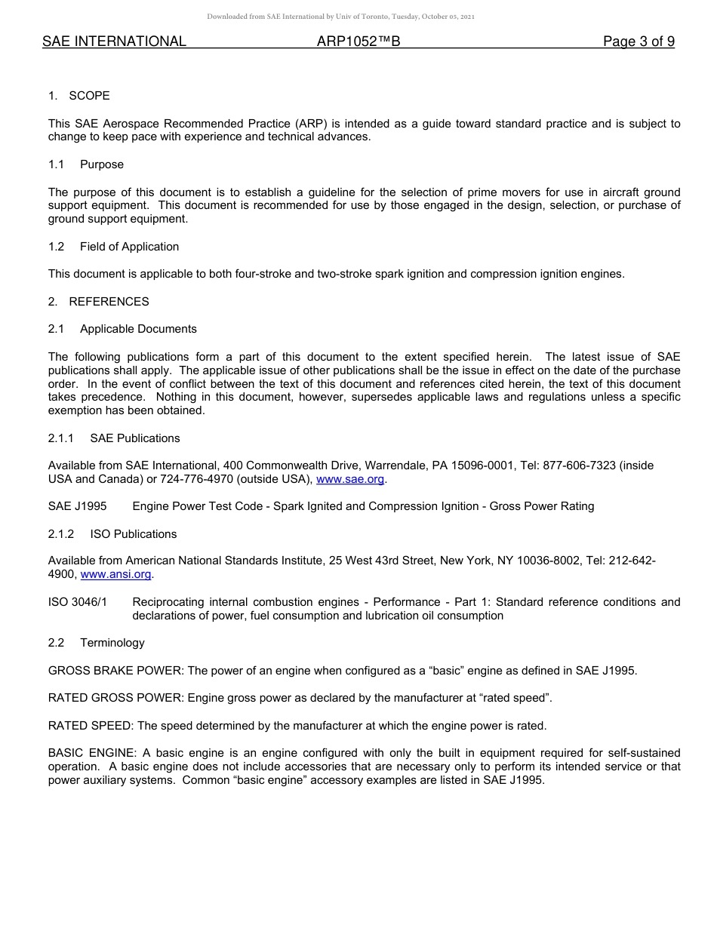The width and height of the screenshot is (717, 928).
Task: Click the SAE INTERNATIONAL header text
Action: pyautogui.click(x=114, y=42)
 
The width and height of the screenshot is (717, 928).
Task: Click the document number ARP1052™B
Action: pyautogui.click(x=358, y=42)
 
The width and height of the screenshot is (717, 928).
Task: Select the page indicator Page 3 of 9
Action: pyautogui.click(x=639, y=42)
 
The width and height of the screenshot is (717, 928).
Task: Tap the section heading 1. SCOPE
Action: pyautogui.click(x=79, y=96)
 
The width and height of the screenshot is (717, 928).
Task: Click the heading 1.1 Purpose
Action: pyautogui.click(x=86, y=164)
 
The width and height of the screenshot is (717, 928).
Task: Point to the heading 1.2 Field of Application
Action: pyautogui.click(x=113, y=247)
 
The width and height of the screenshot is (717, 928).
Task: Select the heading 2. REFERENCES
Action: pyautogui.click(x=99, y=302)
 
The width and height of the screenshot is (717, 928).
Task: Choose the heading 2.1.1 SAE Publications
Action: pyautogui.click(x=114, y=438)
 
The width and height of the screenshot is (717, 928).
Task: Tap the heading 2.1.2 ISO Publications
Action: pyautogui.click(x=112, y=534)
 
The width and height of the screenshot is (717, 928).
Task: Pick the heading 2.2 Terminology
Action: pyautogui.click(x=96, y=643)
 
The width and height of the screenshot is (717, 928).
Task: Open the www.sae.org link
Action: pyautogui.click(x=350, y=479)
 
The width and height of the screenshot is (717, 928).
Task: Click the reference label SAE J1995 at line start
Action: pyautogui.click(x=77, y=506)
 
